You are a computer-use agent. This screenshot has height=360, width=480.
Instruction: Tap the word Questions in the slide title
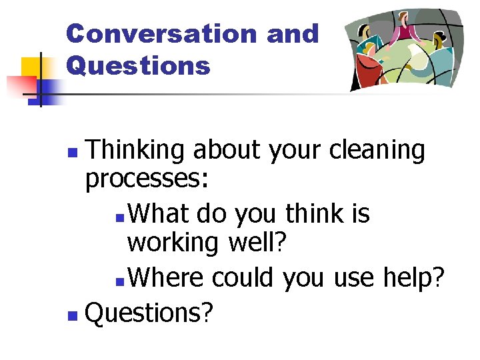138,65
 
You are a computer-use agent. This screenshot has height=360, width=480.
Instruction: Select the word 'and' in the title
293,33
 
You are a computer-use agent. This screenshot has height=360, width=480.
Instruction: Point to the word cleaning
377,151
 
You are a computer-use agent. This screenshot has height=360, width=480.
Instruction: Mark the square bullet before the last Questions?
74,313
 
